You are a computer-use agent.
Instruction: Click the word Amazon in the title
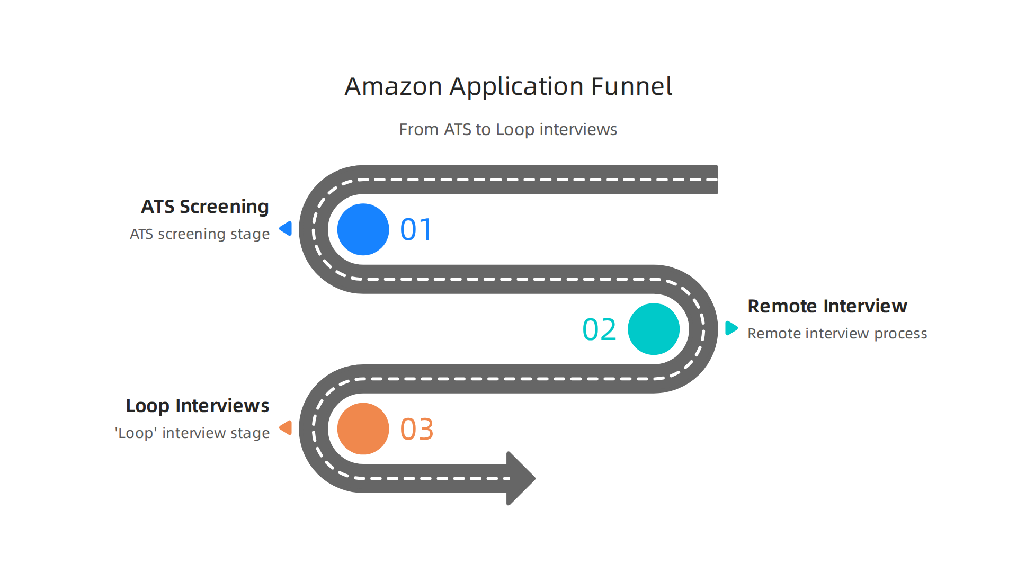click(x=393, y=86)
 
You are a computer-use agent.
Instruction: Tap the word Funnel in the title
click(x=631, y=86)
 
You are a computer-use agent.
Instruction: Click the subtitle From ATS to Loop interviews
click(x=507, y=129)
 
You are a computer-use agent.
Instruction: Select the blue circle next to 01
click(x=363, y=229)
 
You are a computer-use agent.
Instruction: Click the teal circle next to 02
click(x=653, y=329)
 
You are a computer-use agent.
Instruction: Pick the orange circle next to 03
click(x=363, y=428)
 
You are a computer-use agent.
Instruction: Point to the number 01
click(x=416, y=230)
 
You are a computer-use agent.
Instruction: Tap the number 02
click(x=599, y=329)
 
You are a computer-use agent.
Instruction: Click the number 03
click(x=416, y=429)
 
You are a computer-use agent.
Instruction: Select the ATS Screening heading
click(x=205, y=207)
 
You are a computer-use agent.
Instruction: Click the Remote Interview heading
click(x=827, y=306)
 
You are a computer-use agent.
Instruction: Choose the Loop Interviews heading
click(x=198, y=406)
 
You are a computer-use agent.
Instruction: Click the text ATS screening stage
click(x=200, y=234)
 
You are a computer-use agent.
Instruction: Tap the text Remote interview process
click(x=837, y=334)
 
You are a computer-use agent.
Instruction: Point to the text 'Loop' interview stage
click(x=192, y=433)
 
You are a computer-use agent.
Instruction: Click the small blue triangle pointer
click(x=287, y=228)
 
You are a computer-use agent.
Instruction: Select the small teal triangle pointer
click(x=730, y=328)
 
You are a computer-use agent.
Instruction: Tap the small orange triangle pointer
click(x=287, y=427)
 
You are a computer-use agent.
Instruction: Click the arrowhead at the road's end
click(x=519, y=478)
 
